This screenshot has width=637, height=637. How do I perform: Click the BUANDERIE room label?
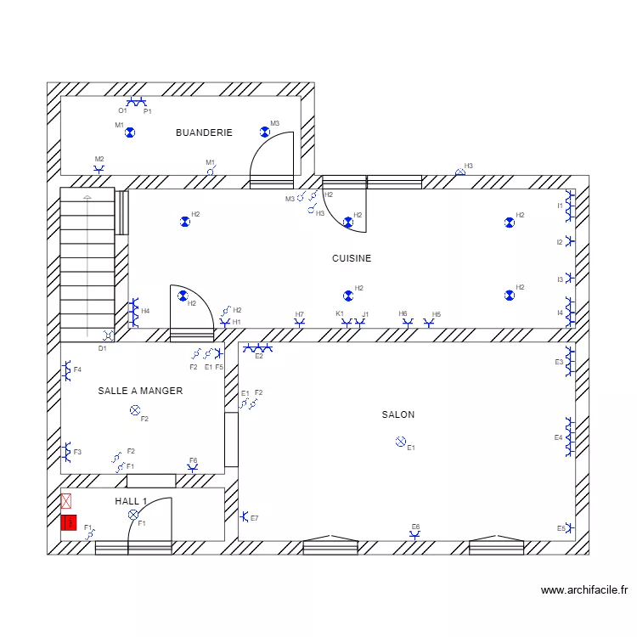(x=204, y=132)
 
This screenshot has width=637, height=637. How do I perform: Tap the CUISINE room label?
(x=351, y=258)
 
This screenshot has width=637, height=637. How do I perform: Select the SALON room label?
(x=397, y=414)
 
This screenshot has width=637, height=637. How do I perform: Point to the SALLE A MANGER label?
(x=140, y=391)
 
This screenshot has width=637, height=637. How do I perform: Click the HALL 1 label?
(x=131, y=501)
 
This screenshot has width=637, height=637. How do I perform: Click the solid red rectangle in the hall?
(x=69, y=522)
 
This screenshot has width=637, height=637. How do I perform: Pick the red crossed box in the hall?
(x=66, y=502)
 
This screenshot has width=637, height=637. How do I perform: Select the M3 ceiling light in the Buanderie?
(x=265, y=132)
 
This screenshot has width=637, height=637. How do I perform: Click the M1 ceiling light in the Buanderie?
(x=130, y=132)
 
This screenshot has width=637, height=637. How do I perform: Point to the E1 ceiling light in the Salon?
(x=400, y=441)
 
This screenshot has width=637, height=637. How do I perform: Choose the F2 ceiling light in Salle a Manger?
(x=134, y=410)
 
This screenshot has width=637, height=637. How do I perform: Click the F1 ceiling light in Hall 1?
(x=132, y=515)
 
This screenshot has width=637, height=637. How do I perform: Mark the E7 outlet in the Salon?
(x=244, y=516)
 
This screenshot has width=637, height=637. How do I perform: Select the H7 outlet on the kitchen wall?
(x=299, y=323)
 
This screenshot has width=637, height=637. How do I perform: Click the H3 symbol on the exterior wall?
(x=460, y=172)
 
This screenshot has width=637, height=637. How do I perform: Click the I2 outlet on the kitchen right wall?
(x=569, y=242)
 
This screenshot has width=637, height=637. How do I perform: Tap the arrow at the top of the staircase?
(x=87, y=198)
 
